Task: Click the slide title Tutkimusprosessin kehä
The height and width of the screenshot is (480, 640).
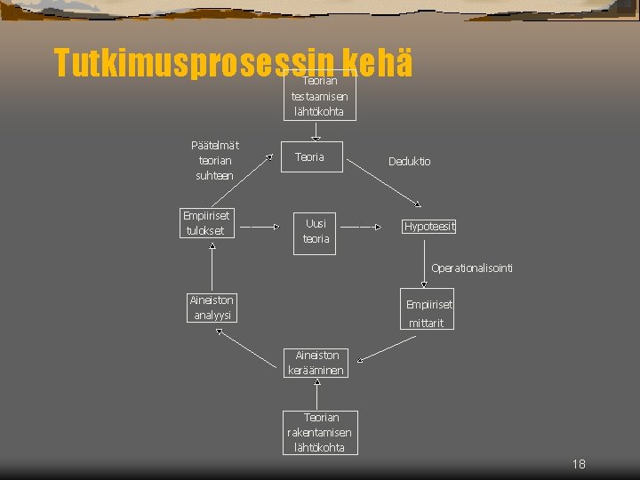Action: coord(233,63)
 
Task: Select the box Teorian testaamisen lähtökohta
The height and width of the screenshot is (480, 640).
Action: coord(319,96)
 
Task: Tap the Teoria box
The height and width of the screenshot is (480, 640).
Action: coord(309,157)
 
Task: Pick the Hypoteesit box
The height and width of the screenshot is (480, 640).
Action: coord(429,226)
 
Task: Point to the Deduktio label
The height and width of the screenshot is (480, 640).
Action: coord(409,162)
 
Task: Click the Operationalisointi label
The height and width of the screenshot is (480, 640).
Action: coord(471,268)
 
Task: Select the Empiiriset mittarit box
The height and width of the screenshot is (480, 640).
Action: coord(428,309)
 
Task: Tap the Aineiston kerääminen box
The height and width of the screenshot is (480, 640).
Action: coord(316,363)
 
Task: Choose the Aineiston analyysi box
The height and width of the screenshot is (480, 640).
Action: coord(211,308)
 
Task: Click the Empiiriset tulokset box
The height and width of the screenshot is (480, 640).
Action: coord(205,223)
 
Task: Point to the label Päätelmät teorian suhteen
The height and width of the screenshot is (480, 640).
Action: coord(214,160)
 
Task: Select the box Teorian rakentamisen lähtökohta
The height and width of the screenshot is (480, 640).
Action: coord(320,432)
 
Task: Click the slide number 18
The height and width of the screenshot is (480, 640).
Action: coord(579,464)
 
